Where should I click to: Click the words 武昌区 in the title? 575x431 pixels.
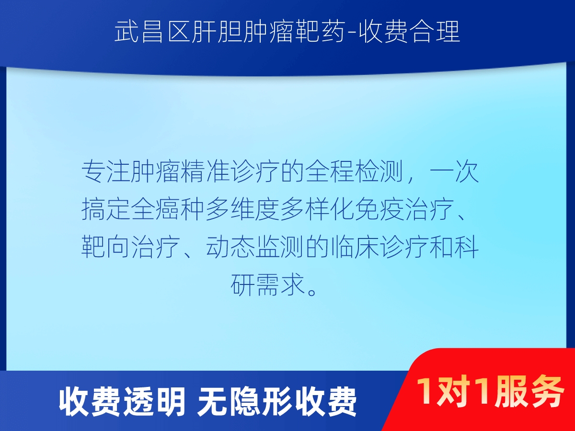point(152,32)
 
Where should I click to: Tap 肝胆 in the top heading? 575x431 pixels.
point(216,32)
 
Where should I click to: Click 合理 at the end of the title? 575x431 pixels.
point(435,32)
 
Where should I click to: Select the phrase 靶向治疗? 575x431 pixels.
point(131,247)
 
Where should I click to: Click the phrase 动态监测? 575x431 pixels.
point(255,247)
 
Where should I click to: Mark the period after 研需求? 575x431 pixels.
point(312,291)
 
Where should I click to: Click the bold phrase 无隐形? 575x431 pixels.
point(244,402)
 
